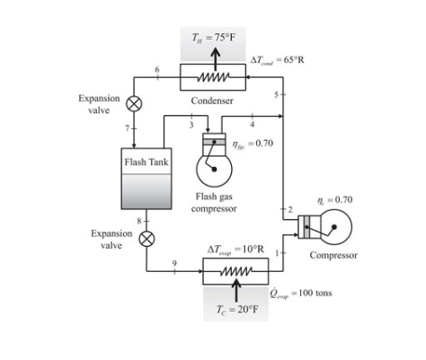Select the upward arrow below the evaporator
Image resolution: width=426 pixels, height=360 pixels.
tap(236, 289)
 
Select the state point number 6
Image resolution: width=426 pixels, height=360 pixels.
tap(158, 69)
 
